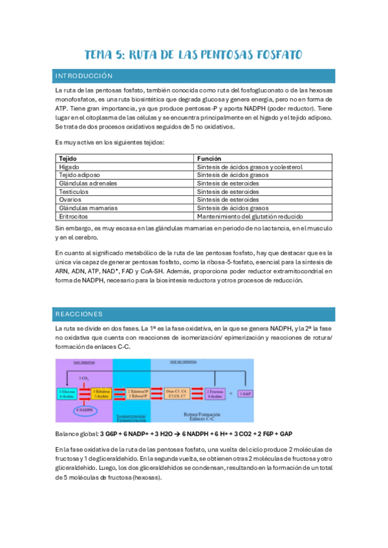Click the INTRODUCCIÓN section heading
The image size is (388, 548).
[x=84, y=76]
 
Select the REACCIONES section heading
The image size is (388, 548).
[x=80, y=314]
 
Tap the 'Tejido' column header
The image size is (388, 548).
[x=68, y=158]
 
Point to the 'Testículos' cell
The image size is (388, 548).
[x=73, y=192]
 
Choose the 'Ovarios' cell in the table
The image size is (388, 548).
[x=70, y=200]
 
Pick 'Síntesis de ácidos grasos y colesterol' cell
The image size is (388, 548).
[x=250, y=167]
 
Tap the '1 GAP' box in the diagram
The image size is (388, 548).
[x=247, y=393]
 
